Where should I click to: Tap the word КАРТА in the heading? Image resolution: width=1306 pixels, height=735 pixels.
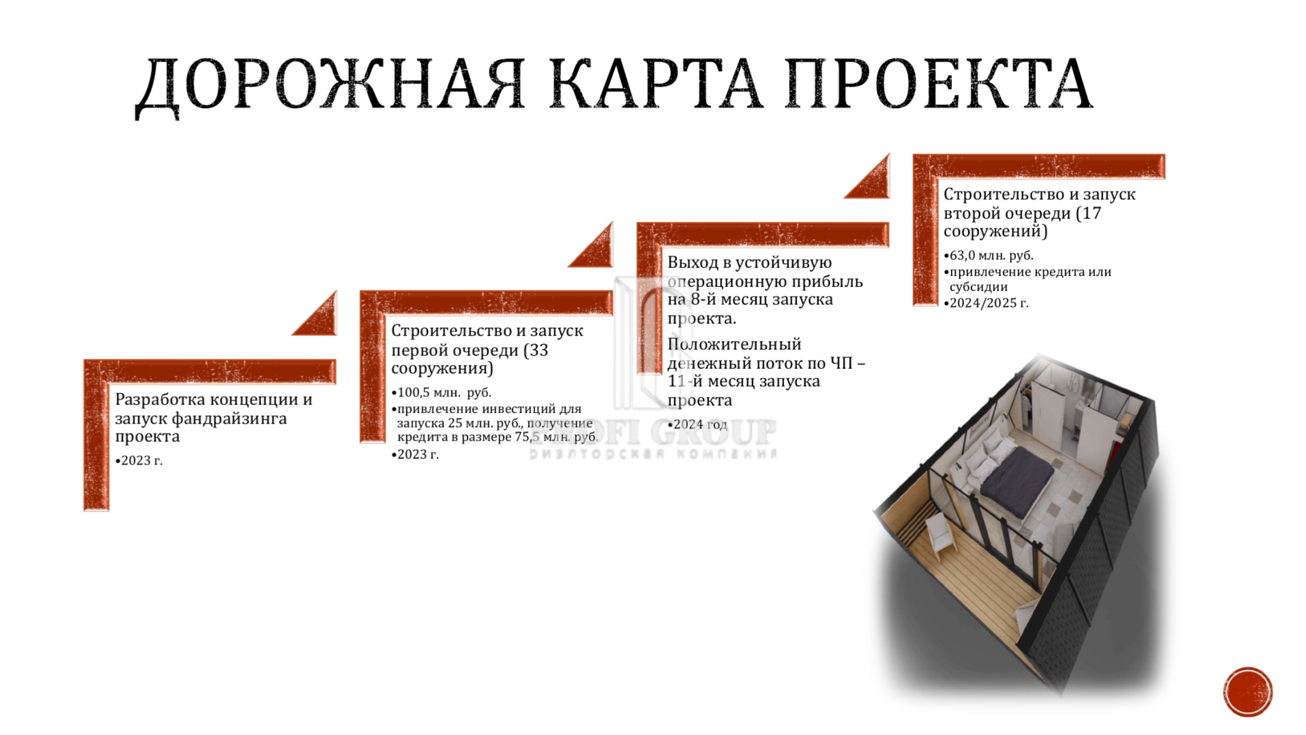(x=656, y=84)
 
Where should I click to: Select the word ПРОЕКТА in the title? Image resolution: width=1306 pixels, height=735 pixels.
(x=939, y=84)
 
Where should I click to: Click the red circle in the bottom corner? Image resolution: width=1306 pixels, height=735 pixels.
(x=1248, y=692)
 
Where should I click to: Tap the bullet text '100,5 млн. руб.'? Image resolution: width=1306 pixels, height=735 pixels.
(x=441, y=392)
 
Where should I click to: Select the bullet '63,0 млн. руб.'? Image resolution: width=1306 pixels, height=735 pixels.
(x=988, y=255)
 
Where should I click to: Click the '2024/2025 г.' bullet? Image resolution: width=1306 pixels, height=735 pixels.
(x=986, y=303)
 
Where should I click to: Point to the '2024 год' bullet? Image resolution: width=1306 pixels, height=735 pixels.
(x=697, y=424)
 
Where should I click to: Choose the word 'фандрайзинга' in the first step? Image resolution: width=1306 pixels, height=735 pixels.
(x=229, y=419)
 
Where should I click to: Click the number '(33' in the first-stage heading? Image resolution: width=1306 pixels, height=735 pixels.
(x=535, y=350)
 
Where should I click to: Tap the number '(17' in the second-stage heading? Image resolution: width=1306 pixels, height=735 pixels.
(x=1088, y=213)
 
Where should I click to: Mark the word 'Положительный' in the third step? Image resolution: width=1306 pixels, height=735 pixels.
(x=734, y=344)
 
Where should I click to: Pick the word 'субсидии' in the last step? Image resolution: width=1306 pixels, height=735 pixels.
(x=978, y=287)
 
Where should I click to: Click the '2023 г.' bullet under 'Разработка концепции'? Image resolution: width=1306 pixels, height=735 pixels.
(x=139, y=460)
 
